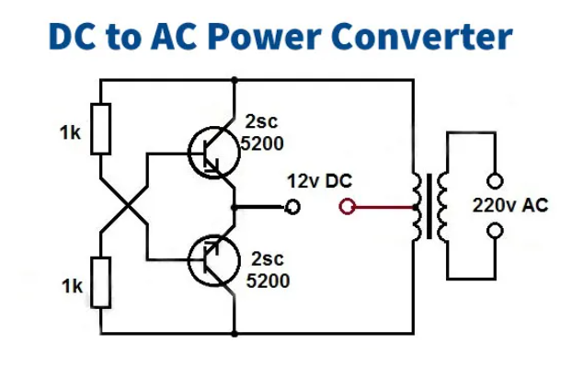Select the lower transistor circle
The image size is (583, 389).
[213, 261]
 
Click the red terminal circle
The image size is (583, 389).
[347, 207]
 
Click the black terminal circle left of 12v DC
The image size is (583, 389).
[292, 207]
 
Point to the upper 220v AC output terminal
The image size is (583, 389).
[496, 182]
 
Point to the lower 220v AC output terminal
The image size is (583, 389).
[496, 230]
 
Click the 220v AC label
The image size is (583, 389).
[510, 206]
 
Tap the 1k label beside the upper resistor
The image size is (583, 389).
[71, 133]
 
